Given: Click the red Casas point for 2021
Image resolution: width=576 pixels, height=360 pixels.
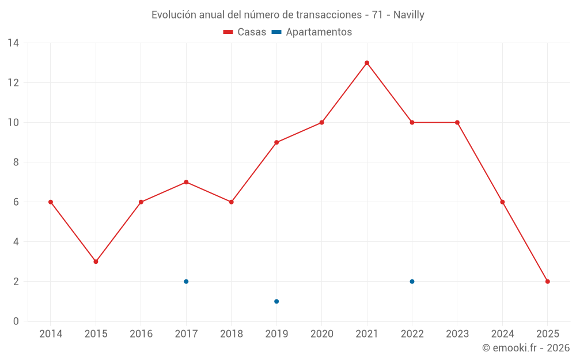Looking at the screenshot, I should point(367,63).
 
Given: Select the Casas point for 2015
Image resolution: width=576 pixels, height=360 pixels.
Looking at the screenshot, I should point(96,262).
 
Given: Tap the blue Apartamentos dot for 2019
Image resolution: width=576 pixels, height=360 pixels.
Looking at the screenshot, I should point(276,301).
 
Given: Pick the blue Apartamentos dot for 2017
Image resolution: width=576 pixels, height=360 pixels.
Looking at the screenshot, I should point(186,282).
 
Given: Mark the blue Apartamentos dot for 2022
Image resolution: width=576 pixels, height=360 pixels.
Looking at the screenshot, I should point(412,282).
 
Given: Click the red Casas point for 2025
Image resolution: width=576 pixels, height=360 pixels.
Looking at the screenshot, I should point(548,282).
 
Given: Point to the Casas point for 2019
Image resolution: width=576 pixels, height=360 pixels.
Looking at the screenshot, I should point(276,142).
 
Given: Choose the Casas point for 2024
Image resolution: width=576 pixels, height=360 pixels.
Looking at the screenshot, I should point(502,202).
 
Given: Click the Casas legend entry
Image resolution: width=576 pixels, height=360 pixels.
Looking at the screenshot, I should point(245,32).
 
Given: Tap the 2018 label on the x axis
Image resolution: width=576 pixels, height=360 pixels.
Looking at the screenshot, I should point(231,334).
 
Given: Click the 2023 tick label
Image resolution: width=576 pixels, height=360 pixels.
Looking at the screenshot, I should point(457,334).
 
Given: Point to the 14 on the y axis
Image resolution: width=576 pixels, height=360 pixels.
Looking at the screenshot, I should point(13,43).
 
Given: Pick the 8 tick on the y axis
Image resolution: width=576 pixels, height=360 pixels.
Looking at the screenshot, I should point(16,162).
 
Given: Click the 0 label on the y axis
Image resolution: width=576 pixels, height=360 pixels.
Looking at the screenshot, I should point(16,321).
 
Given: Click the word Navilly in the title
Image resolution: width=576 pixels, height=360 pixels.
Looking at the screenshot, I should point(409,15).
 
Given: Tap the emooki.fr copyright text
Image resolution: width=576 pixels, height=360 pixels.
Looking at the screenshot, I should point(526,348).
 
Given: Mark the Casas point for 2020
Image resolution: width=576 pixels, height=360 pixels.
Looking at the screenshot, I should point(321,123).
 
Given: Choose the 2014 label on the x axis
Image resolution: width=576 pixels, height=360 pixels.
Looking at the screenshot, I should point(51,334).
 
